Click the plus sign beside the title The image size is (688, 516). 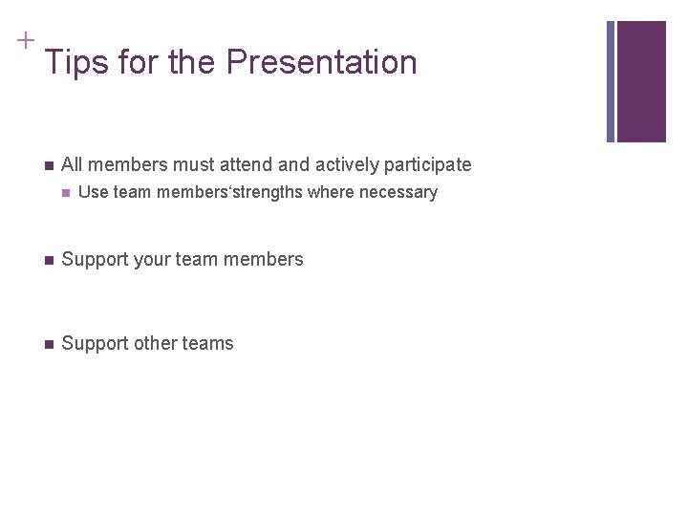point(25,40)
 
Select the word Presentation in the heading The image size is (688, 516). point(322,63)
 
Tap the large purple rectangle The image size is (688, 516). point(641,81)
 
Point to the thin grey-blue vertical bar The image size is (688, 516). point(611,81)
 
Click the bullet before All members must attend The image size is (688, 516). point(48,165)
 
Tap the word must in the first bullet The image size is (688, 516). point(195,164)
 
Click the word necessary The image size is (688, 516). point(398,193)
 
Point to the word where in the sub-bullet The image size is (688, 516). point(331,192)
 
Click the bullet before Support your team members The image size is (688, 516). point(48,260)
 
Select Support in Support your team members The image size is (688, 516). point(94,260)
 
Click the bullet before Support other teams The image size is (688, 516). point(48,344)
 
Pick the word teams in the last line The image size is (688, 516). point(209,343)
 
